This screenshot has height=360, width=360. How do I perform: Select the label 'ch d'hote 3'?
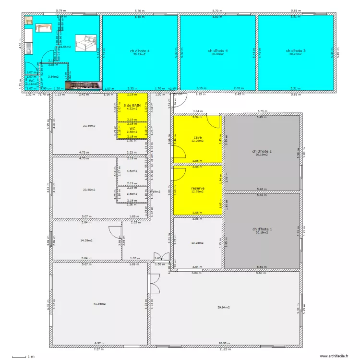point(296,50)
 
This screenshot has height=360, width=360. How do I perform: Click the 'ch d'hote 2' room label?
point(262,151)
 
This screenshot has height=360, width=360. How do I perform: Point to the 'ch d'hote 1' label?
point(262,229)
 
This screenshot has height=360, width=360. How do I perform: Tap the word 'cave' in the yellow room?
point(198,137)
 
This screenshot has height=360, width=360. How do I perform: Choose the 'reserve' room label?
point(198,188)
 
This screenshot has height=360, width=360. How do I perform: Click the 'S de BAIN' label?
point(132,105)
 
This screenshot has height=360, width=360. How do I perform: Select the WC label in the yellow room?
point(132,129)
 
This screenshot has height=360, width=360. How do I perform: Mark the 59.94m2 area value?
point(223,307)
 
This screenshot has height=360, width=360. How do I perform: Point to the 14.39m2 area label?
point(86,240)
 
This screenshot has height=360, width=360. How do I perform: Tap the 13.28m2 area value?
point(197,243)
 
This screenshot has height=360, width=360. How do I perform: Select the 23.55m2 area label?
point(89,190)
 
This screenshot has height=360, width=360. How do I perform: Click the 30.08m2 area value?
point(217,54)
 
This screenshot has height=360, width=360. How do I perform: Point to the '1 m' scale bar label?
point(31,357)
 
